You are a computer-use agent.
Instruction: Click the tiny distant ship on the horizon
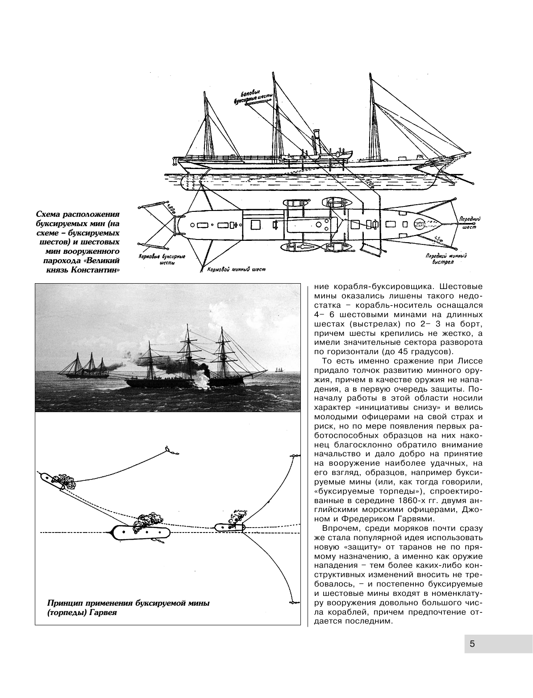point(278,370)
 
